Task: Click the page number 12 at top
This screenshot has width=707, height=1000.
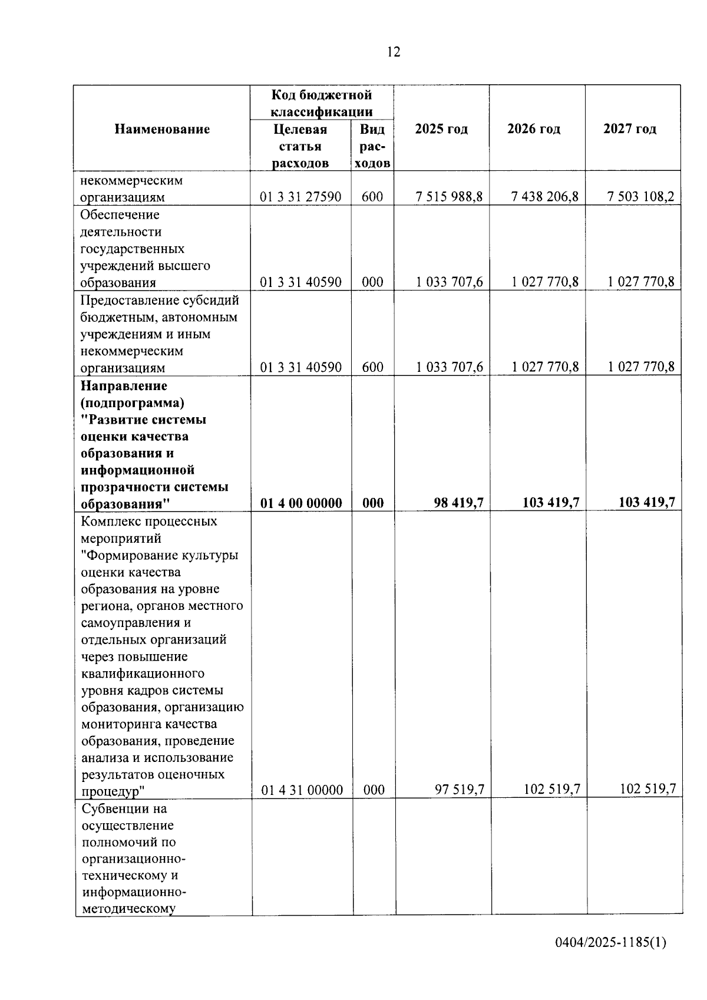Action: [x=394, y=52]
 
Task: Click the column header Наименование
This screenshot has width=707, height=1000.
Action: [x=162, y=129]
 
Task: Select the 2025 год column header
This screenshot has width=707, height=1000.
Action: [x=441, y=129]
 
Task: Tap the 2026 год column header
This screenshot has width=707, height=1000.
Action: [x=534, y=129]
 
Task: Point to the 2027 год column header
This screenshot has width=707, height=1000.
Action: [x=630, y=129]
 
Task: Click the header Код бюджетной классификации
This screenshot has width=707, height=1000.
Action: [x=322, y=103]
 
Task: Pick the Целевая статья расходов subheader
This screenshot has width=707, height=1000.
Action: [x=300, y=146]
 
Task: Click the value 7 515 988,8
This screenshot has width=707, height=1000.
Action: [x=449, y=197]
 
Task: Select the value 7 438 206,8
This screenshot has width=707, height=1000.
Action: [x=545, y=197]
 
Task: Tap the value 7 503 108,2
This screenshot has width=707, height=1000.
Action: [x=641, y=197]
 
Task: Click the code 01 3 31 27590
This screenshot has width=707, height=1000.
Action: [x=300, y=197]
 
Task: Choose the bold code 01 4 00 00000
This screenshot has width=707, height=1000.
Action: [x=301, y=503]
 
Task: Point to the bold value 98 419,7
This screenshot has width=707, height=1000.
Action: [x=459, y=503]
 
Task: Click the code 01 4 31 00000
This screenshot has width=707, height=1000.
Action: [x=302, y=790]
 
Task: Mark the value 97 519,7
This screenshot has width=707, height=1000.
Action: [x=460, y=790]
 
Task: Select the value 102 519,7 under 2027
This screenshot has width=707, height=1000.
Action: [x=648, y=790]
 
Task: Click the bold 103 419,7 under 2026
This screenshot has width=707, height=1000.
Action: [x=551, y=503]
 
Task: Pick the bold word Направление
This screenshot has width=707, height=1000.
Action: [x=124, y=386]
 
